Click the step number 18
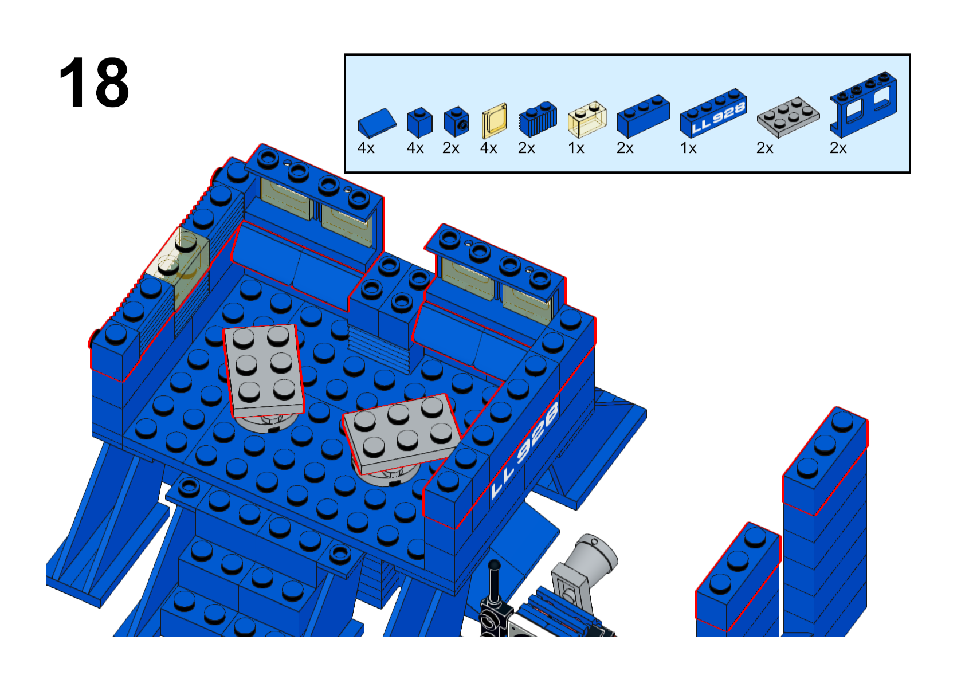click(94, 83)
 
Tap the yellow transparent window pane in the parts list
click(494, 120)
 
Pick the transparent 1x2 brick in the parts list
click(587, 119)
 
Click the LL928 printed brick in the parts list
click(713, 113)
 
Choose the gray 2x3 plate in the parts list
click(788, 117)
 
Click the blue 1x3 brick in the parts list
click(643, 116)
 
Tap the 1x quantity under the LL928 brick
click(688, 148)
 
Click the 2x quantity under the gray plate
click(764, 148)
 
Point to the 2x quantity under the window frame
click(838, 148)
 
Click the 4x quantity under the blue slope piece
click(366, 148)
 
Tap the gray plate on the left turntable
click(264, 371)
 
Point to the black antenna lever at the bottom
click(494, 594)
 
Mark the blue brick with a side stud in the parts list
click(457, 122)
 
